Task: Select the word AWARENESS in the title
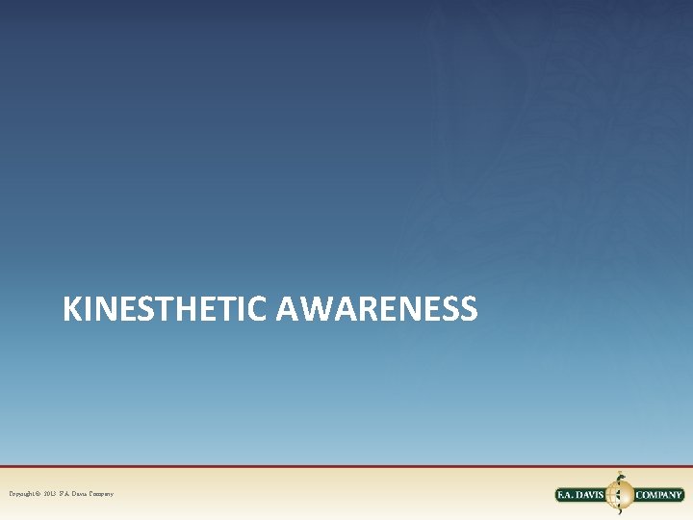point(376,309)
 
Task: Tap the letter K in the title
point(71,309)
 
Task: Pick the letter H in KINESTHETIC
point(199,309)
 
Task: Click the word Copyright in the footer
point(23,494)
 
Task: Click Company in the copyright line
point(104,494)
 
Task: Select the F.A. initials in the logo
point(569,495)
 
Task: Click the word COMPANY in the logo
point(658,495)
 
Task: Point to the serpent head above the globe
point(621,475)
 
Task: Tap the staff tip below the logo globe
point(622,513)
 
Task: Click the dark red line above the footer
point(346,467)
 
